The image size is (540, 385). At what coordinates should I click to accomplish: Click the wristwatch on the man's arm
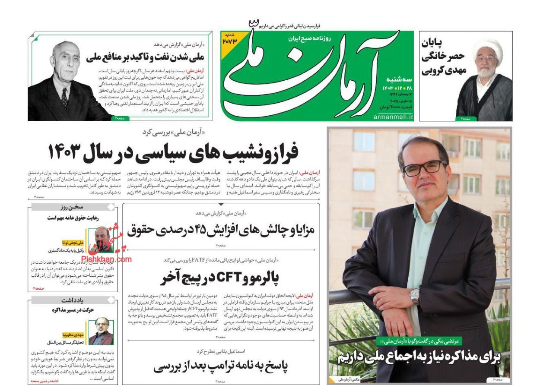point(415,297)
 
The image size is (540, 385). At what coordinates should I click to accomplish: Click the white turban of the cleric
point(487,49)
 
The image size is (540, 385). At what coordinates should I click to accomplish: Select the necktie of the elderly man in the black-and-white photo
point(64,98)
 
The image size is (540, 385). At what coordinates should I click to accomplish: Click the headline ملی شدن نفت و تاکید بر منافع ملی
point(147,57)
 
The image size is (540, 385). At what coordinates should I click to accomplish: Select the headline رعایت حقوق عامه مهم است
point(73,218)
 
